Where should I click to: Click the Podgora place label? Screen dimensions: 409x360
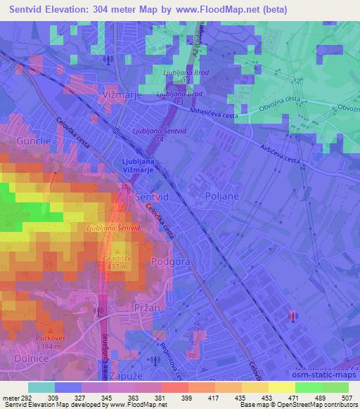(168, 261)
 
